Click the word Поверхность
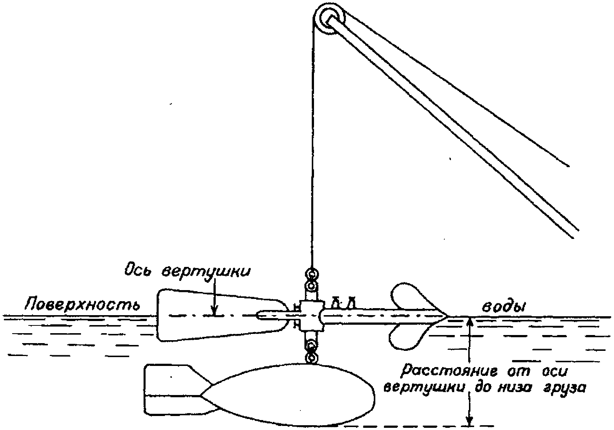[x=82, y=304]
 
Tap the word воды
[x=504, y=307]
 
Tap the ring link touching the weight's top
[x=312, y=358]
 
